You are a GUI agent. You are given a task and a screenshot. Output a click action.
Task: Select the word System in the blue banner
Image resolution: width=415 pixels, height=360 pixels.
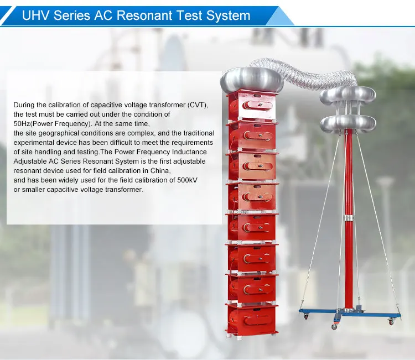[x=229, y=15]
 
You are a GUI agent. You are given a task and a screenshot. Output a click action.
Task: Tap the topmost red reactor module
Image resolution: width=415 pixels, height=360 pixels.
[x=252, y=105]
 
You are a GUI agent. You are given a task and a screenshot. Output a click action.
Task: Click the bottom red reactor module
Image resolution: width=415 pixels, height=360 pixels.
[x=252, y=319]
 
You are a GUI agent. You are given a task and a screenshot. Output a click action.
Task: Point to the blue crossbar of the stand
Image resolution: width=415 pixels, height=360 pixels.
[x=349, y=312]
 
